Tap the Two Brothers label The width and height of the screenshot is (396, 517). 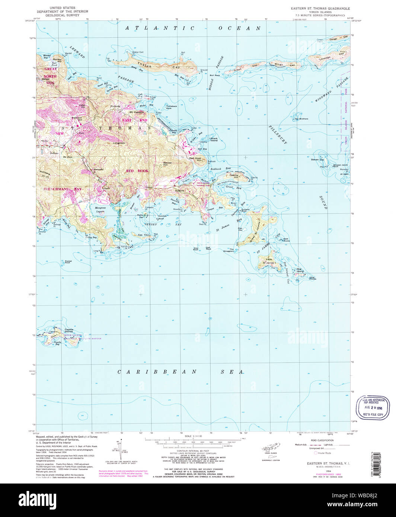301,119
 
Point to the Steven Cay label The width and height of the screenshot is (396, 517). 317,160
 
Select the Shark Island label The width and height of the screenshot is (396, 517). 214,139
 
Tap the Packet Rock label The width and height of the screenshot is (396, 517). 68,262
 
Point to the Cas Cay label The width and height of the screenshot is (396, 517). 143,235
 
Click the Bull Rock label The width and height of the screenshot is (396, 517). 215,76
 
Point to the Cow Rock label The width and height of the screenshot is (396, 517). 195,249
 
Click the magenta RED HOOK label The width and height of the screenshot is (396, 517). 137,171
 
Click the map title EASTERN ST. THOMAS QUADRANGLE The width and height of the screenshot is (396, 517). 320,8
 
